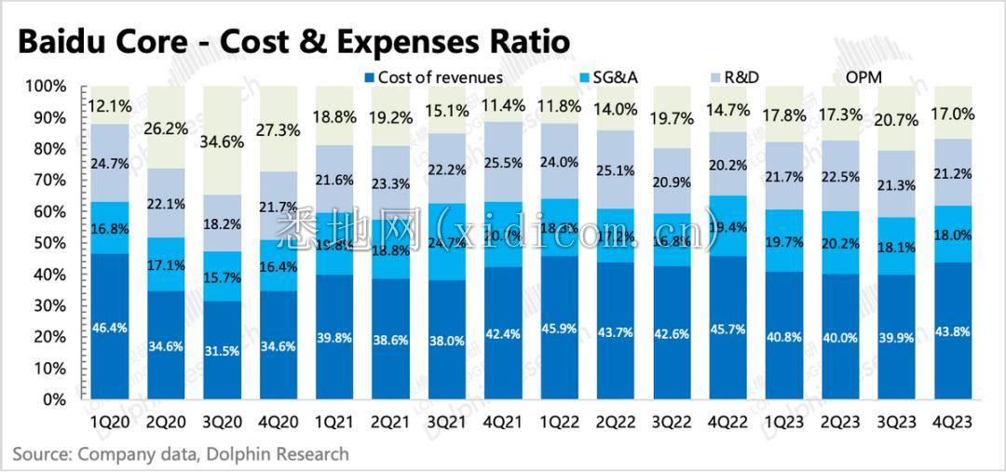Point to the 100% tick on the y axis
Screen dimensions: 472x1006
coord(45,87)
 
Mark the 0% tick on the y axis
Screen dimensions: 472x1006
coord(54,399)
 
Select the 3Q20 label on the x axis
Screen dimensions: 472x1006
coord(222,422)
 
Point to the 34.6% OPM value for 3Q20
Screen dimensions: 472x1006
coord(222,142)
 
